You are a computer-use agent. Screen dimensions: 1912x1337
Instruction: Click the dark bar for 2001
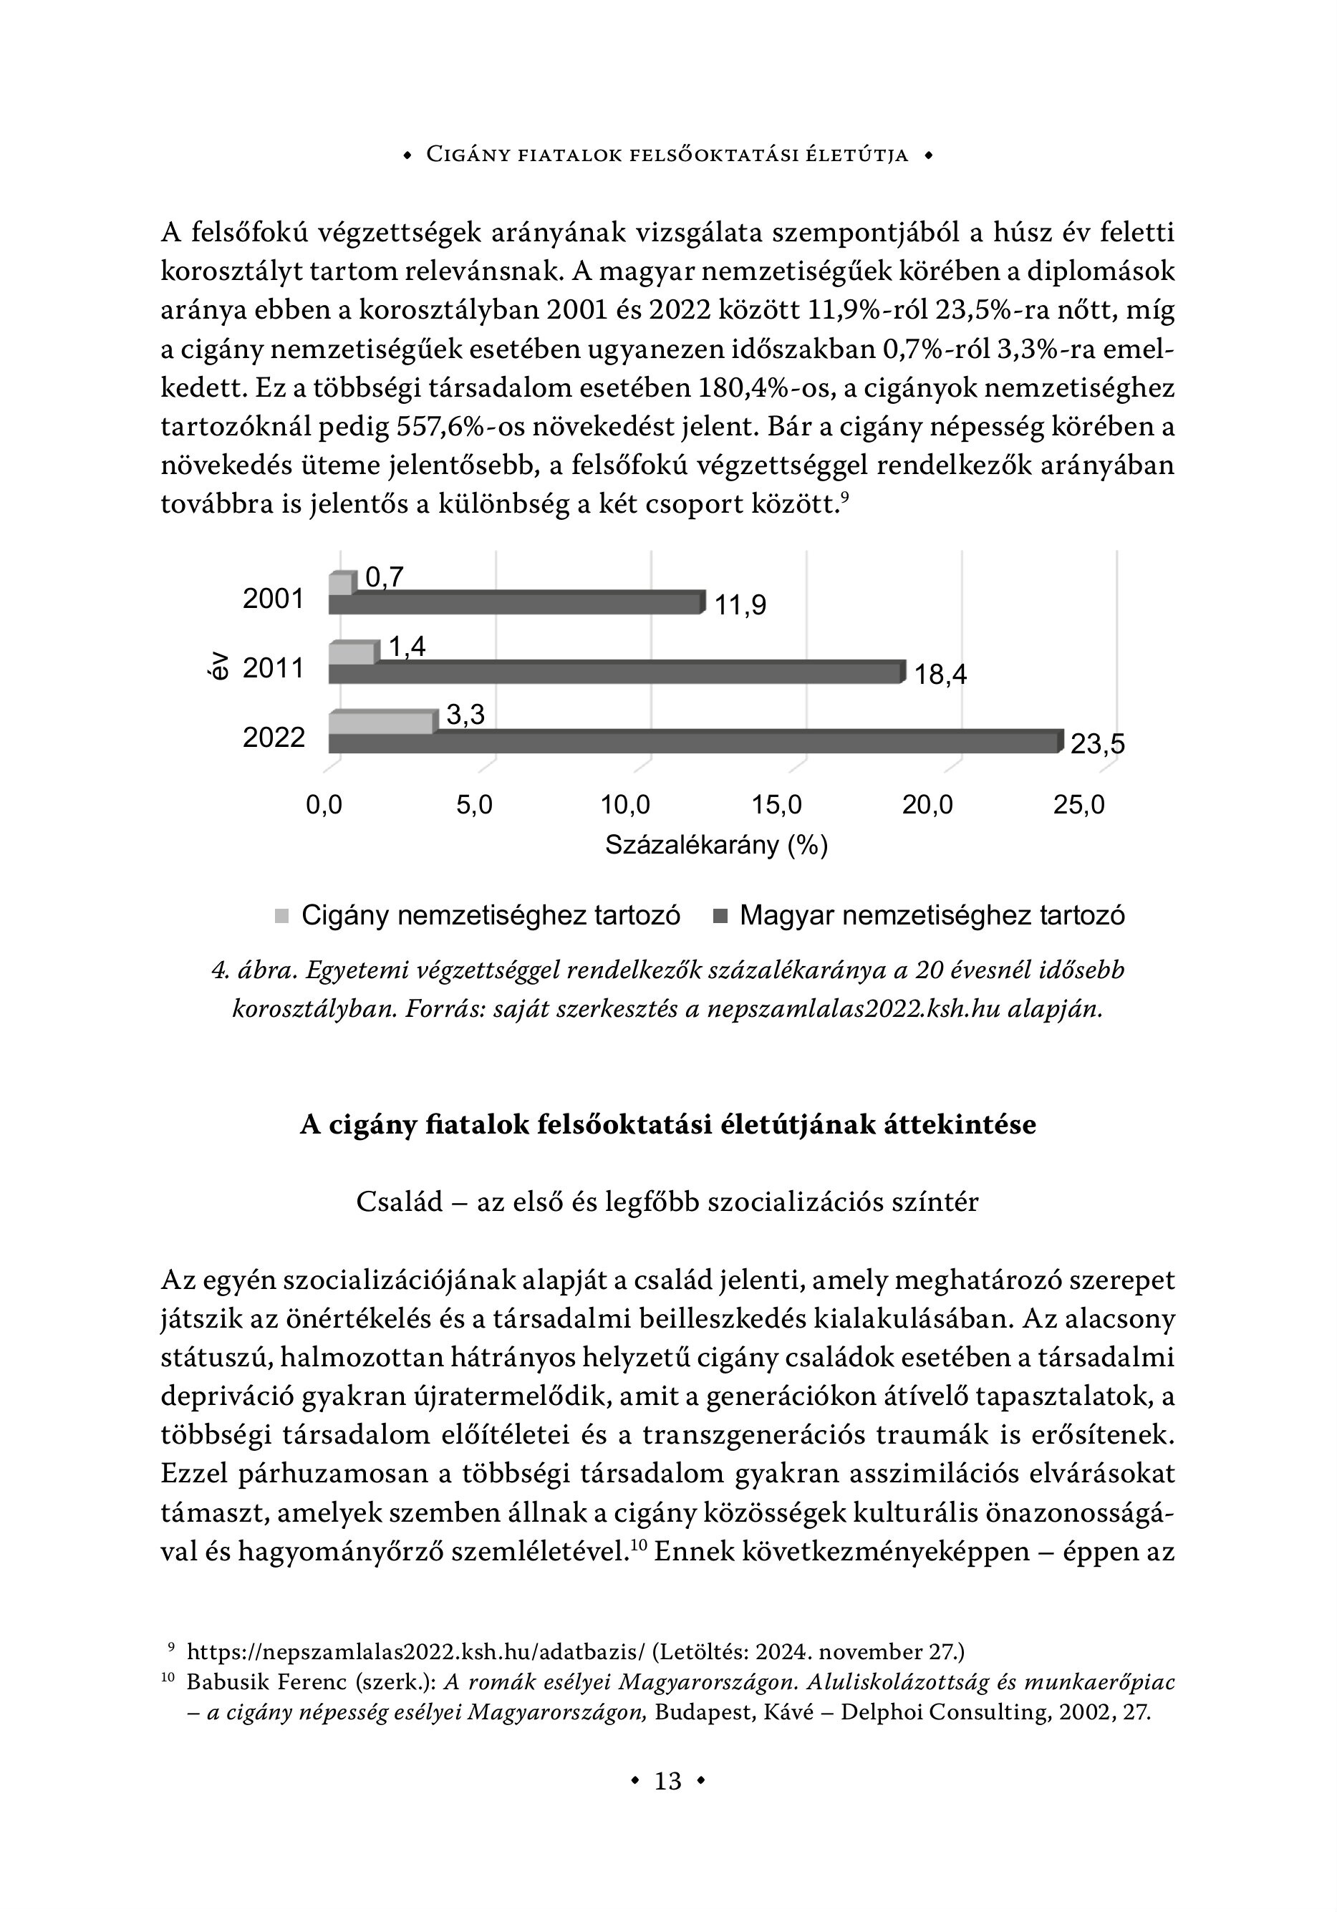pos(515,603)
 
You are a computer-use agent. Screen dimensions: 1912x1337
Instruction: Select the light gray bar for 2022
pos(382,723)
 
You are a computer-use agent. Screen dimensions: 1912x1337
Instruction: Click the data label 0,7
pos(384,576)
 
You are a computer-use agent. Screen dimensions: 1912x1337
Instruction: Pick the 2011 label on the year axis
pos(274,668)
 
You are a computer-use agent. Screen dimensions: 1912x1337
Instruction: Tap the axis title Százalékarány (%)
pos(715,845)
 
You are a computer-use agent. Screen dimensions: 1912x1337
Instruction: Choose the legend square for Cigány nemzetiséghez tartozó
pos(281,916)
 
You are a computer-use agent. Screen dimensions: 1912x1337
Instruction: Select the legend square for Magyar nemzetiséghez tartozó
pos(720,916)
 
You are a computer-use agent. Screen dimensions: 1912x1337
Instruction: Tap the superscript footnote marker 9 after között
pos(845,498)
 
